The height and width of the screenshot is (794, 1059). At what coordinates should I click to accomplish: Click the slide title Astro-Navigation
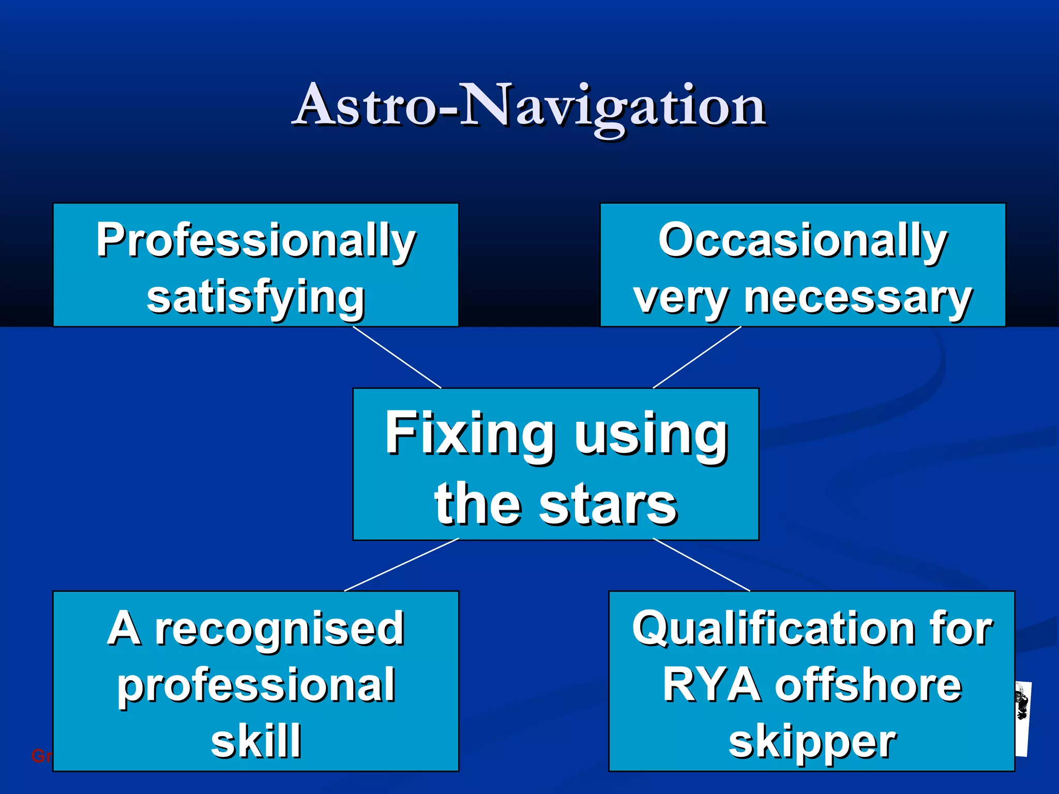coord(529,106)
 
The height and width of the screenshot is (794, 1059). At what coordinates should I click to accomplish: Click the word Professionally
coord(256,240)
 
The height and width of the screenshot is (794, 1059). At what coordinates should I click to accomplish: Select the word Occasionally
coord(803,240)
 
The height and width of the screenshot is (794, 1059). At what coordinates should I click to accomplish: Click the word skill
coord(256,740)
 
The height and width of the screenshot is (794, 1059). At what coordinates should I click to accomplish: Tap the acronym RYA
coord(711,685)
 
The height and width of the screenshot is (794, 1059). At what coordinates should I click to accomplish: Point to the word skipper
coord(812,742)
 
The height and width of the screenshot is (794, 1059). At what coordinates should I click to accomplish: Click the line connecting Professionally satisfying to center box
coord(397,357)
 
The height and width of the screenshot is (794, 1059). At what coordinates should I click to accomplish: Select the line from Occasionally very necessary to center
coord(697,357)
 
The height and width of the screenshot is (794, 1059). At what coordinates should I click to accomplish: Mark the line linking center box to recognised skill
coord(401,564)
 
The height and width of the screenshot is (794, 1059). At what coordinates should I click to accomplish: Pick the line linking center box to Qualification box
coord(702,564)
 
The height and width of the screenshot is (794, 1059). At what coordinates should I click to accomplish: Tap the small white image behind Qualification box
coord(1022,719)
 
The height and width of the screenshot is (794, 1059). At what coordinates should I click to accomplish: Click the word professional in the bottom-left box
coord(256,685)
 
